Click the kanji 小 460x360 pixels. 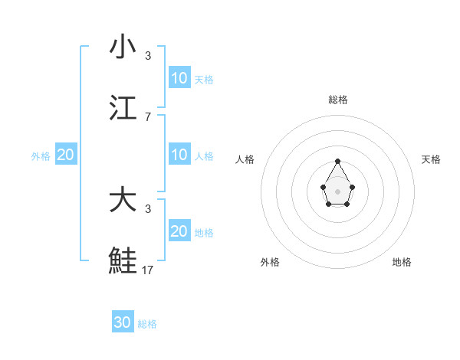point(123,47)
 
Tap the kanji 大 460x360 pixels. point(123,201)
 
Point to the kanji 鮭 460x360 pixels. point(123,260)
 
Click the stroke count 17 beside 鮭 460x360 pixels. point(148,270)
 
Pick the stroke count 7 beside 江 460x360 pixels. point(148,116)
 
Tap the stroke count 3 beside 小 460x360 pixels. point(148,56)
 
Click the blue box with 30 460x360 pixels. point(123,322)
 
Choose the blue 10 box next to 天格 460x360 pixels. point(179,77)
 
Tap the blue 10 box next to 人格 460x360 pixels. point(179,155)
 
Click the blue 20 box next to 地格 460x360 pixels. point(179,231)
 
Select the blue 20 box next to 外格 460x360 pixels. point(65,155)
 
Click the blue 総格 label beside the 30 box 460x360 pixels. point(147,324)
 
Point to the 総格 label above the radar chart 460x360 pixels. point(337,100)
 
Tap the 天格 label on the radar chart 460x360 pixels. point(432,159)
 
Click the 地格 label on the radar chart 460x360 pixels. point(402,262)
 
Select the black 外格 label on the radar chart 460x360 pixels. point(270,262)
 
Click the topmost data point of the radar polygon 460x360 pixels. point(337,161)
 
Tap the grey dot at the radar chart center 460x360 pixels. point(337,191)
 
